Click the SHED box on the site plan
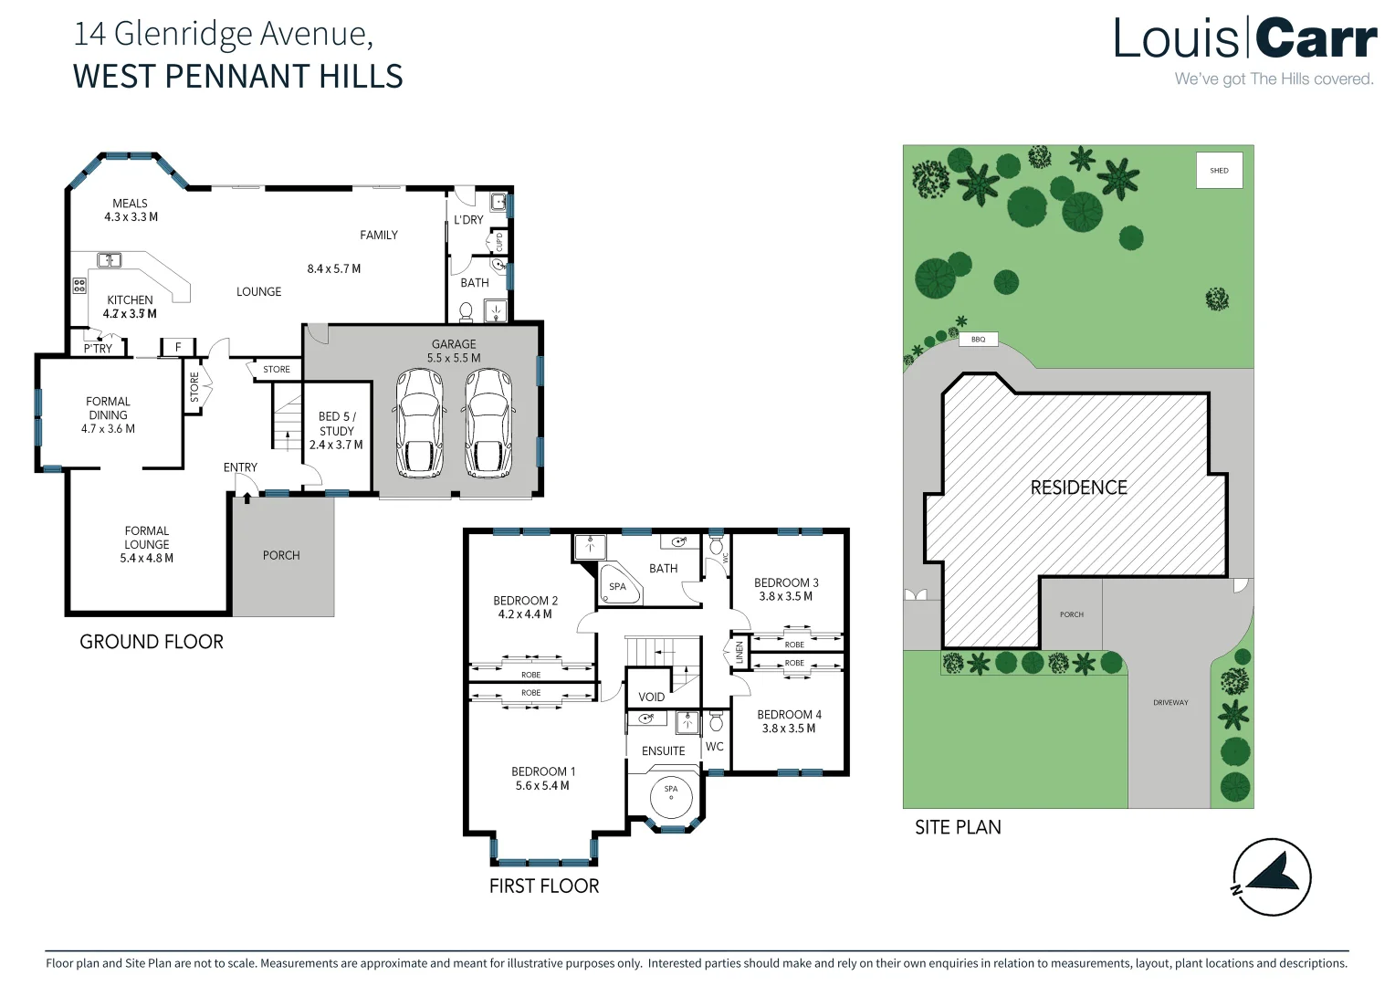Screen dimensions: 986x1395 point(1219,171)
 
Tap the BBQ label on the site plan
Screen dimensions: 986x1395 point(978,340)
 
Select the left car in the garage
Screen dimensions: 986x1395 point(420,424)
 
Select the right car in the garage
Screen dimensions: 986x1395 point(488,424)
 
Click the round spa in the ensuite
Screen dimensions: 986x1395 point(671,795)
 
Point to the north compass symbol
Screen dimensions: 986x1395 point(1272,876)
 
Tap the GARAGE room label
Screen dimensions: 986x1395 point(454,344)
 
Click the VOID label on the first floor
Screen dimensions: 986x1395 point(651,697)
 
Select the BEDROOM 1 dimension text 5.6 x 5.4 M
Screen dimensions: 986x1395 point(542,786)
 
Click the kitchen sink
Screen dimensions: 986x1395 point(110,260)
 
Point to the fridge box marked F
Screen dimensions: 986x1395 point(178,347)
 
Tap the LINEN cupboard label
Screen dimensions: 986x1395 point(739,652)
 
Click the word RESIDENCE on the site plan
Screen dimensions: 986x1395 point(1078,488)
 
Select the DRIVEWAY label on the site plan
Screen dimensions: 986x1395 point(1170,703)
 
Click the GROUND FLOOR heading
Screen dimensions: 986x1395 point(152,642)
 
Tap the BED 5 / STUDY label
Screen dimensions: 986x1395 point(337,424)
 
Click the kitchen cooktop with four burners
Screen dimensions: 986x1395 point(79,286)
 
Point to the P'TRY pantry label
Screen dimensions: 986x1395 point(98,349)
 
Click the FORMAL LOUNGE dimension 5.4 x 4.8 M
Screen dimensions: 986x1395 point(147,559)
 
